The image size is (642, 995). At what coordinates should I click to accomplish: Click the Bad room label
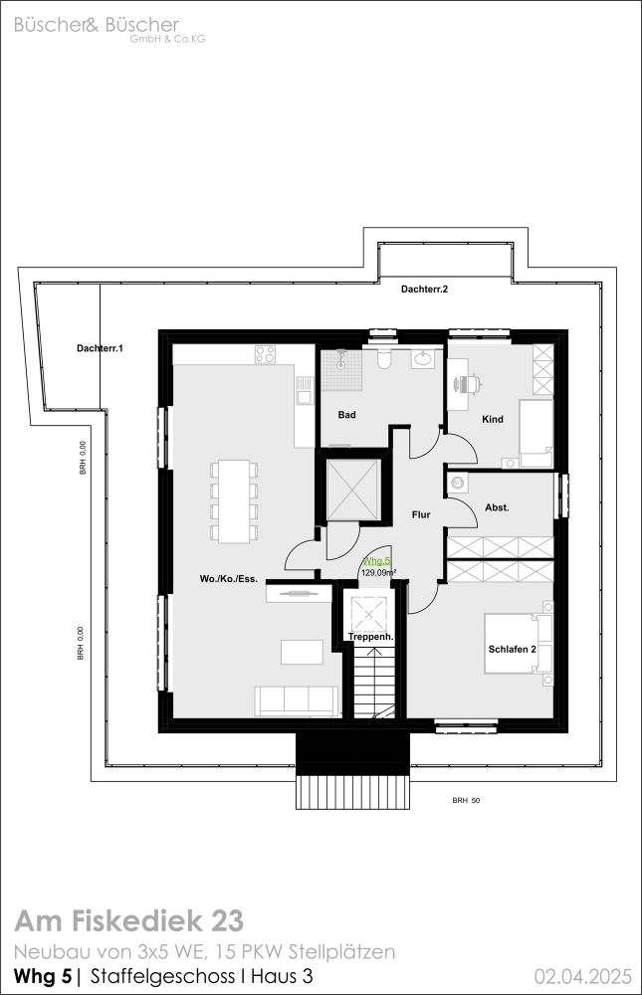point(346,415)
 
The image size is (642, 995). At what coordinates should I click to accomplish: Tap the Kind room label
point(493,419)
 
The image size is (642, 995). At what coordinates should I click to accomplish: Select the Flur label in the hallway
point(421,514)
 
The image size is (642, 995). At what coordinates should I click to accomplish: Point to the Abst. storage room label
point(497,507)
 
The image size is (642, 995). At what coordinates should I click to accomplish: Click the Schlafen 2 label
point(513,649)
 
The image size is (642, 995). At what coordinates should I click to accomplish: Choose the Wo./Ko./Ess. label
point(229,579)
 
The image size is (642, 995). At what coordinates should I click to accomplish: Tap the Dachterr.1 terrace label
point(100,348)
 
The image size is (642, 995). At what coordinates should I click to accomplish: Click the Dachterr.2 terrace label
point(425,290)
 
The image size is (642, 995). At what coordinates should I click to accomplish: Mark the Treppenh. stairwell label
point(371,637)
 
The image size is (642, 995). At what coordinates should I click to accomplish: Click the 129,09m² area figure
point(379,572)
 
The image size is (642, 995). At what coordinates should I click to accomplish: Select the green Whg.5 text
point(376,561)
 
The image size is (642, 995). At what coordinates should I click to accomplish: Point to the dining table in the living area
point(234,501)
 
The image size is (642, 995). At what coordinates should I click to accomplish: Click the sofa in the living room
point(297,701)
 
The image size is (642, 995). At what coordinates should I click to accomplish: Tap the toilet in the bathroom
point(384,360)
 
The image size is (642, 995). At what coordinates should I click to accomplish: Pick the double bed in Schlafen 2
point(519,644)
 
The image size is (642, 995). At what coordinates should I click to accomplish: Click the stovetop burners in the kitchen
point(266,354)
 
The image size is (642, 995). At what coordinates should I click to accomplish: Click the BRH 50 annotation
point(466,801)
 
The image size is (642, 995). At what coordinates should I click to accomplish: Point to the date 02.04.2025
point(583,975)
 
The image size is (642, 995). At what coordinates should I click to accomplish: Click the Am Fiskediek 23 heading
point(129,920)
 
